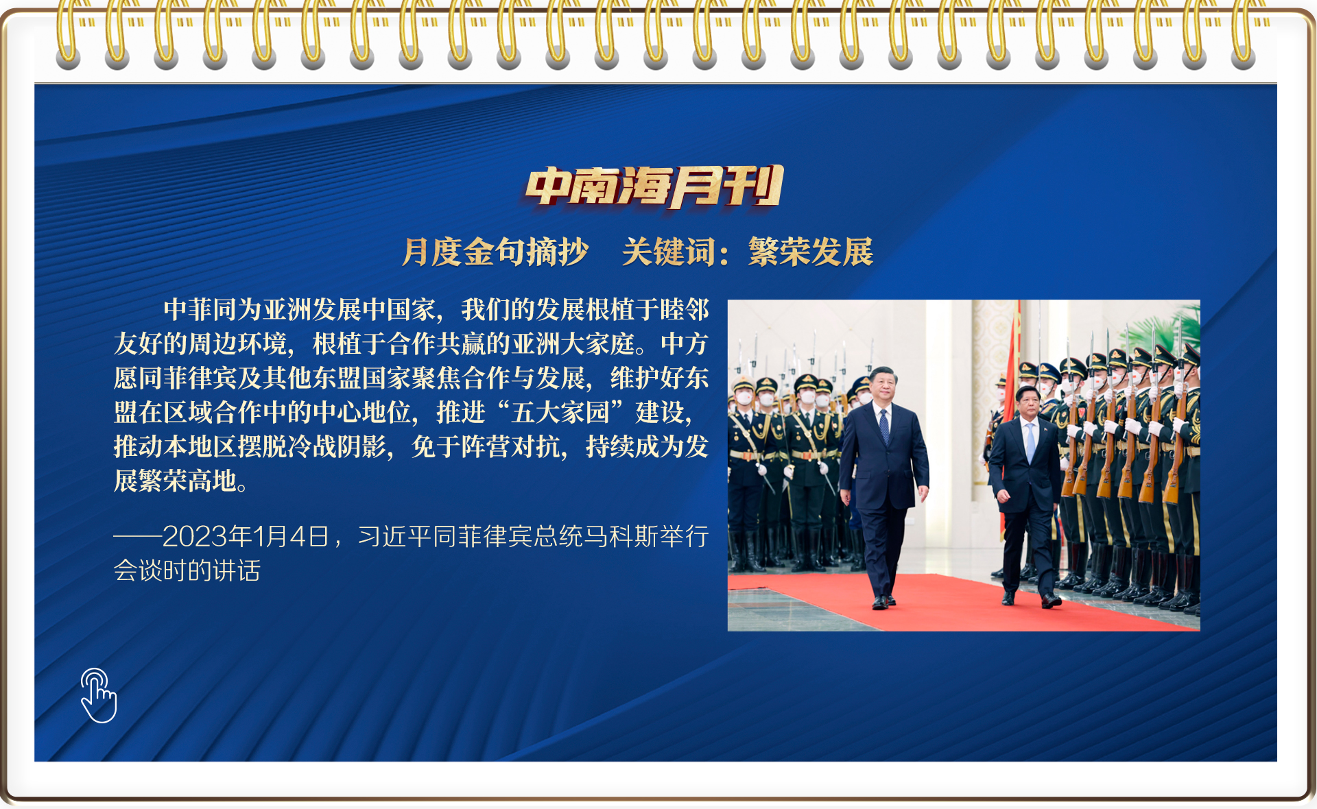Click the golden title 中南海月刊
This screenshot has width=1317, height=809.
(x=654, y=186)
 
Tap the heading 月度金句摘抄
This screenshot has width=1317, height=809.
(x=495, y=252)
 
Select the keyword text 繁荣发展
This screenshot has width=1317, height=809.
(x=811, y=252)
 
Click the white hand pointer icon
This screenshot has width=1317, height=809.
(x=99, y=695)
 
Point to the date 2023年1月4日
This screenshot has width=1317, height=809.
(x=246, y=536)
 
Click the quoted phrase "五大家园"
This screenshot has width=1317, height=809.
(x=560, y=412)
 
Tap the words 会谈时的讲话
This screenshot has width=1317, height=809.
(x=187, y=570)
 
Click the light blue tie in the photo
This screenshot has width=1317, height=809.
(x=1030, y=442)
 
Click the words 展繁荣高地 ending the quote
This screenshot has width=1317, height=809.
(x=175, y=481)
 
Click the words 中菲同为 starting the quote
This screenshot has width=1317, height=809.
(x=213, y=309)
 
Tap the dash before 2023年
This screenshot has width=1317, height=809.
(x=137, y=536)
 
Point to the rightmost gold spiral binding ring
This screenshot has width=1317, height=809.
(x=1243, y=34)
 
